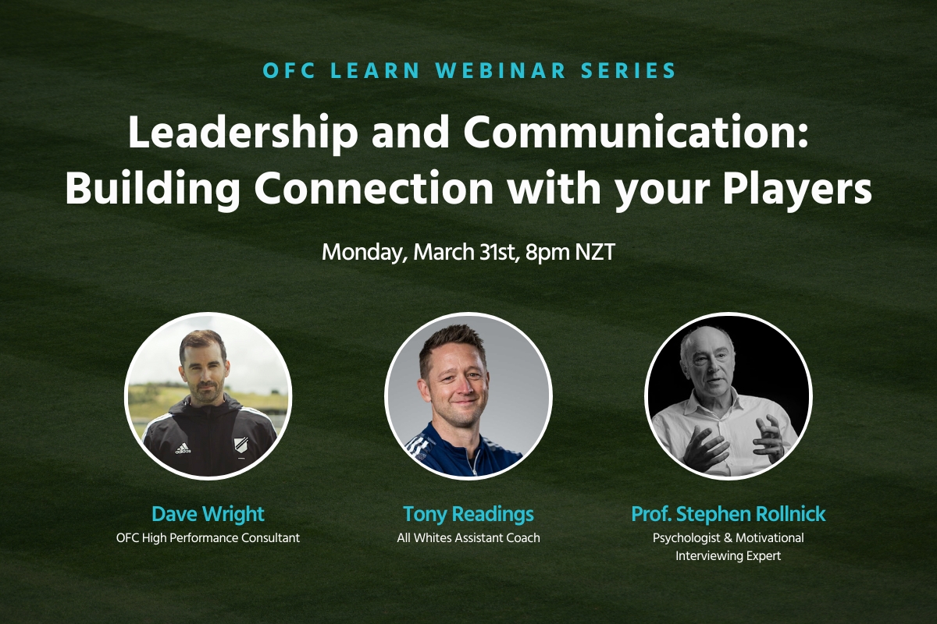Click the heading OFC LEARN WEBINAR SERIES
[x=469, y=70]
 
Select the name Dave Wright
[x=208, y=515]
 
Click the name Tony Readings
[x=468, y=515]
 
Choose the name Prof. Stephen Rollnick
[x=728, y=515]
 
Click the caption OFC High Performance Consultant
[x=208, y=537]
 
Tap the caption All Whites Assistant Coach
[x=468, y=537]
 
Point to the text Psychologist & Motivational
[x=728, y=537]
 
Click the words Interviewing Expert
[x=728, y=556]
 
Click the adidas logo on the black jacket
[x=182, y=448]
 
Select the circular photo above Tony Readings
[x=468, y=396]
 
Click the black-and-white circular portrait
[x=728, y=396]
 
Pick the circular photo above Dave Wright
[x=208, y=396]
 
